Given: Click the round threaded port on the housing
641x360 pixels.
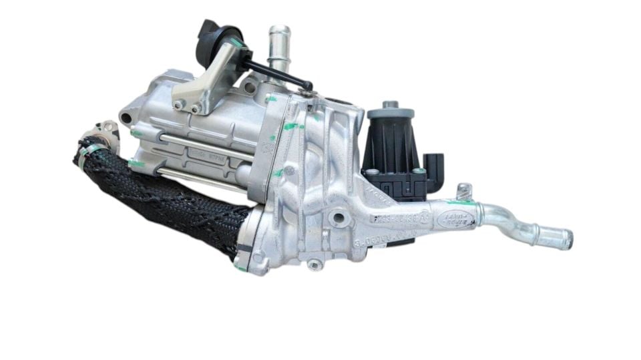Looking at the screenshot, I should (337, 218).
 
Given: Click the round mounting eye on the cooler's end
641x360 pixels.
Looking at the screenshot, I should (127, 118).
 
